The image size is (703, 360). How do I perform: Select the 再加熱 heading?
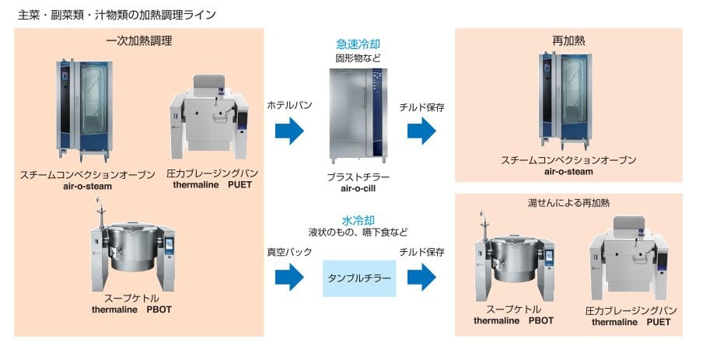pyautogui.click(x=568, y=41)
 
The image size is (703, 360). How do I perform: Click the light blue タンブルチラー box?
pyautogui.click(x=358, y=278)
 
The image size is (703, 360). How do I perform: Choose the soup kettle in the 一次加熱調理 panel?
pyautogui.click(x=131, y=246)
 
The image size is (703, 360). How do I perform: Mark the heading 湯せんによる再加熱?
pyautogui.click(x=568, y=203)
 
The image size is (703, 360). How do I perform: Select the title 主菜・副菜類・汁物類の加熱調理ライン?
pyautogui.click(x=117, y=14)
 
